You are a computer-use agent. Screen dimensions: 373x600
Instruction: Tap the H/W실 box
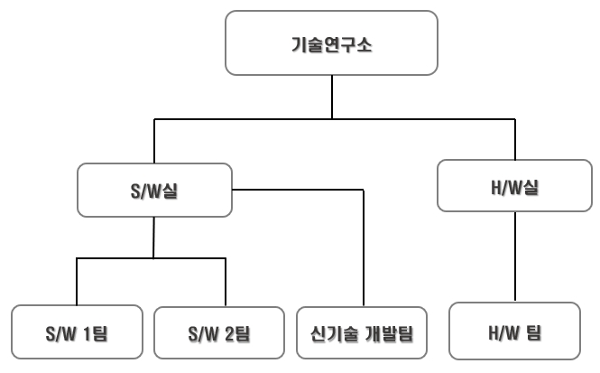tap(514, 186)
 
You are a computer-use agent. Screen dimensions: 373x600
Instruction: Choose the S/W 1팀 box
tap(77, 333)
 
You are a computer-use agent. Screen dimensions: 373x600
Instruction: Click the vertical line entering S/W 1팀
tap(77, 283)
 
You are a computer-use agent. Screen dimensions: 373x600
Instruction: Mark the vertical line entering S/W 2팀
tap(226, 283)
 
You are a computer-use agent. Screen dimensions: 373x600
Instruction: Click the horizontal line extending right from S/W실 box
tap(298, 190)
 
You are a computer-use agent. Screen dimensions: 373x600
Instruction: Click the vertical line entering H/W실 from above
tap(514, 139)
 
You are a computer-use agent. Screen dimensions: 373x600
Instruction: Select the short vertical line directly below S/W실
tap(154, 237)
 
